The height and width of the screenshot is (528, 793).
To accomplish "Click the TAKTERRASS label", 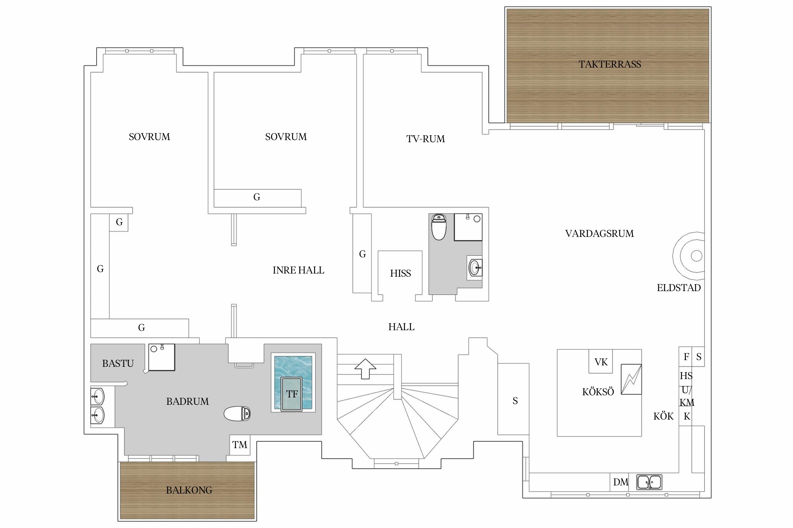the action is tap(610, 64).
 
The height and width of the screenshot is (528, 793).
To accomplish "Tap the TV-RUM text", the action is tap(425, 139).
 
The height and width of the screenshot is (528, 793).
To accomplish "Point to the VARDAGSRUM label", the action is tap(599, 234).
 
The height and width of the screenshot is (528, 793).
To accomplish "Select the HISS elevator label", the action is tap(400, 274).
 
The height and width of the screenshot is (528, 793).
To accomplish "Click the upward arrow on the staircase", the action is tap(365, 369).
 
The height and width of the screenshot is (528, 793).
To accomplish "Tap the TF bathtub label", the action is tap(292, 394).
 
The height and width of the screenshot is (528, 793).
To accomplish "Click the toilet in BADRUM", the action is tap(237, 414).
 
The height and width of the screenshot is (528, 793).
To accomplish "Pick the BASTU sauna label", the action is tap(118, 364).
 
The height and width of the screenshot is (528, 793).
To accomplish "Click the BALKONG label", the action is tap(189, 490).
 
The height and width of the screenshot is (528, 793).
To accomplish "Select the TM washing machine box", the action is tap(240, 445).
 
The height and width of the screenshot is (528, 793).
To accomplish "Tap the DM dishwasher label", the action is tap(621, 482).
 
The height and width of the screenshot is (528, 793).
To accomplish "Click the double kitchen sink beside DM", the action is tap(649, 482).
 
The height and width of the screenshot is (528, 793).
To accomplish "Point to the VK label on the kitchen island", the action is tap(601, 362).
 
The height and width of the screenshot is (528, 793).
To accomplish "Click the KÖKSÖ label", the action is tap(598, 392).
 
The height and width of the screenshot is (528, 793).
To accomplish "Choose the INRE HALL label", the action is tap(298, 270).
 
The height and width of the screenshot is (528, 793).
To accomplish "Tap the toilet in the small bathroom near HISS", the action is tap(439, 227).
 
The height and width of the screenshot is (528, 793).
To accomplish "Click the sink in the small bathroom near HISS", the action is tap(475, 268).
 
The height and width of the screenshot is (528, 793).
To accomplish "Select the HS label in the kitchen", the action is tap(686, 376).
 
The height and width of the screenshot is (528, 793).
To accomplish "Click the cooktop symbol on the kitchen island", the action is tap(631, 379).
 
